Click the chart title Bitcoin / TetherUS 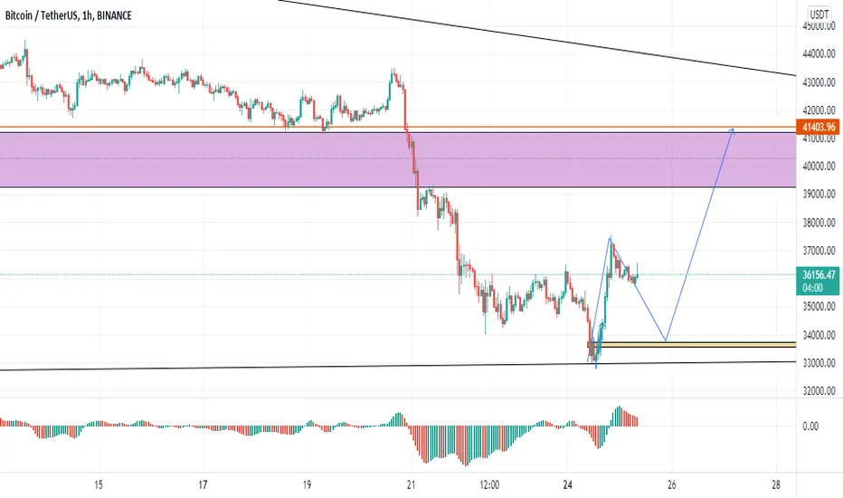pos(40,15)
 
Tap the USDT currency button pos(819,14)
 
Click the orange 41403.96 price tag pos(819,127)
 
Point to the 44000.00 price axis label pos(819,53)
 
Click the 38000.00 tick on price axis pos(819,223)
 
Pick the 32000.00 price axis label pos(819,391)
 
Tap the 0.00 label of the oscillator pos(810,426)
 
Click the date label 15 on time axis pos(98,485)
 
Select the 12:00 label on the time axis pos(489,485)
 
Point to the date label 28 pos(776,485)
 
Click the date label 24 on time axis pos(568,485)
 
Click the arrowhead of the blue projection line pos(733,129)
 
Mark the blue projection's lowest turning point pos(666,340)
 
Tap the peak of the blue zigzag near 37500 pos(611,237)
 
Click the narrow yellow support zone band pos(692,345)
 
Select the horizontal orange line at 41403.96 pos(398,127)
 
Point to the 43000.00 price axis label pos(819,82)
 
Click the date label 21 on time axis pos(412,485)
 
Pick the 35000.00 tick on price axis pos(819,307)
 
